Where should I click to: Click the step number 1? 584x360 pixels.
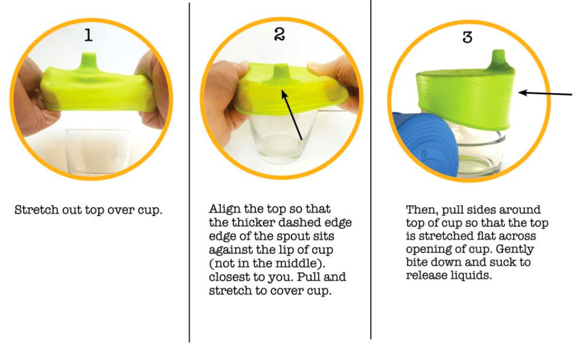coord(88,35)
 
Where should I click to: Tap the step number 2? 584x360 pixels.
coord(279,34)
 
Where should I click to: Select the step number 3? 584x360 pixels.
coord(467,37)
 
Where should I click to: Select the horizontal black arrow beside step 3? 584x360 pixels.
coord(545,93)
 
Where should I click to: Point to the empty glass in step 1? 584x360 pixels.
coord(98,151)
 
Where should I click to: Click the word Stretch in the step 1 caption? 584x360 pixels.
coord(37,210)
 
